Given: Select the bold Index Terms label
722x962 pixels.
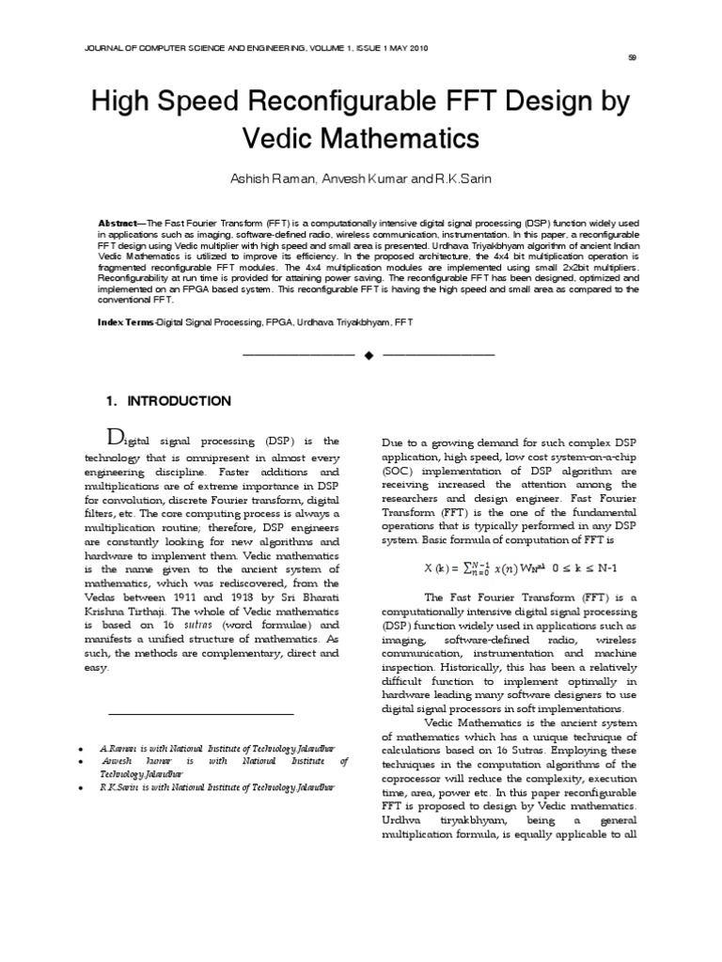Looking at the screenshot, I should pos(126,322).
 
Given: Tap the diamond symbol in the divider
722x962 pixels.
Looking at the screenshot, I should pos(369,355).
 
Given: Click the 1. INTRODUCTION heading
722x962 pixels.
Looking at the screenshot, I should pos(168,401).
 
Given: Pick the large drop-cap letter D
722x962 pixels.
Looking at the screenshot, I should pos(114,436).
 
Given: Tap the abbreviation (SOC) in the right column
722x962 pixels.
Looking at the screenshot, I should pos(398,471).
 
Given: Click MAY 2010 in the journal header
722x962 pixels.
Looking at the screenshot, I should pos(409,48).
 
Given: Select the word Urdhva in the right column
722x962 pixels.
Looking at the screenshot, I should pos(402,822).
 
